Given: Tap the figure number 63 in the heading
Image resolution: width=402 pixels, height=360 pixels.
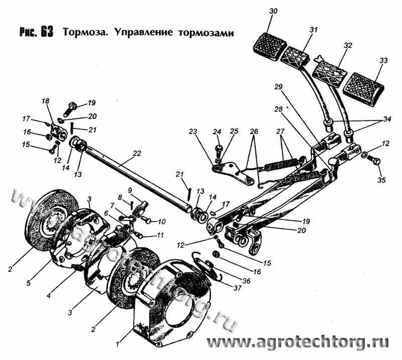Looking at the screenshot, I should coord(48,32).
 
